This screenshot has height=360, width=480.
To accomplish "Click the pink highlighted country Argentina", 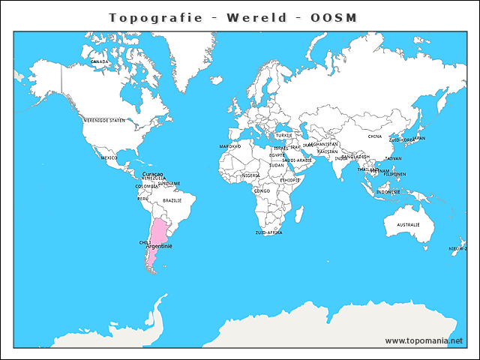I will pos(157,236).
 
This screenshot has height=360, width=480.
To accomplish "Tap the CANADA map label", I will pos(100,61).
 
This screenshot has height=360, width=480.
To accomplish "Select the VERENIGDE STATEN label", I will pos(104,120).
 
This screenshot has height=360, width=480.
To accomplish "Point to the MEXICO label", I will pos(109,157).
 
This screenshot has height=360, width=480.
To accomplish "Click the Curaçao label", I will pos(152,173).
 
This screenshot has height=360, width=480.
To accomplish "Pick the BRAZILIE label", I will pos(172,200).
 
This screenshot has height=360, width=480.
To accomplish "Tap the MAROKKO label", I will pos(229,146).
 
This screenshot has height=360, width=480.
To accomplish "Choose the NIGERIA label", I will pos(250,175).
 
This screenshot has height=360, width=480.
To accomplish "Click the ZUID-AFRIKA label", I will pos(268,232).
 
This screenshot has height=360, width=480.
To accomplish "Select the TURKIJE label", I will pos(284,136).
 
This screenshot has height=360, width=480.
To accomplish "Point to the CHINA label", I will pos(375,136).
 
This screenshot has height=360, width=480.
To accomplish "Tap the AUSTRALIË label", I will pos(408,224).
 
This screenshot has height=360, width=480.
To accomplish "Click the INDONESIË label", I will pos(388,191).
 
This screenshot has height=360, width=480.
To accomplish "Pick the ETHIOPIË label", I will pos(290,180).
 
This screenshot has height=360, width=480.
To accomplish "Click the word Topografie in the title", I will pos(155,17).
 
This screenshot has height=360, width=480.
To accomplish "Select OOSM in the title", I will pos(334,17).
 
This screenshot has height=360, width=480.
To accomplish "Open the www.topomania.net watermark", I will pos(424,340).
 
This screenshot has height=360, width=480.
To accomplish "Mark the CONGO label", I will pos(262,190).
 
